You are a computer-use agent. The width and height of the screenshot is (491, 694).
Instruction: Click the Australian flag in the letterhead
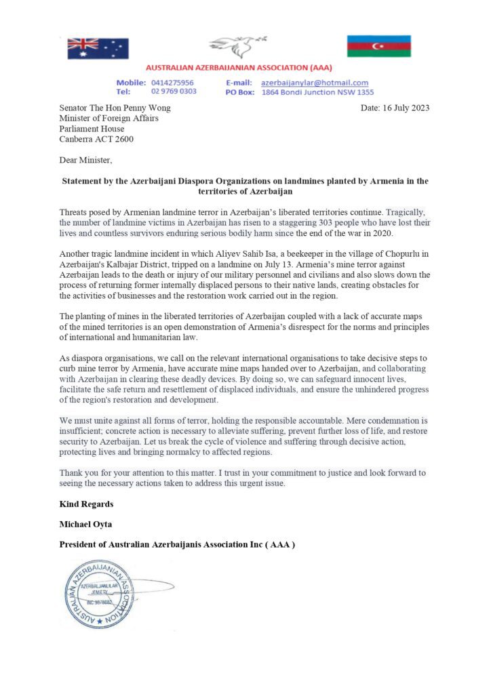coord(98,48)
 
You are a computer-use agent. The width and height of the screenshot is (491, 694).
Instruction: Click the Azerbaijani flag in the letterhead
coord(378,46)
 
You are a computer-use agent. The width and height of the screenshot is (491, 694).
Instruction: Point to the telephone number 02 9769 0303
coord(174,91)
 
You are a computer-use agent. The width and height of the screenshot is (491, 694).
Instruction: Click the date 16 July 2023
coord(406,108)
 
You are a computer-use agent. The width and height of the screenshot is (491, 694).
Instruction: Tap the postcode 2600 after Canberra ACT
coord(124,140)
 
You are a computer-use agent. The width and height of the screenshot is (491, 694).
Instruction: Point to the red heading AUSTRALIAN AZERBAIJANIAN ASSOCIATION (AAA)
coord(245,69)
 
